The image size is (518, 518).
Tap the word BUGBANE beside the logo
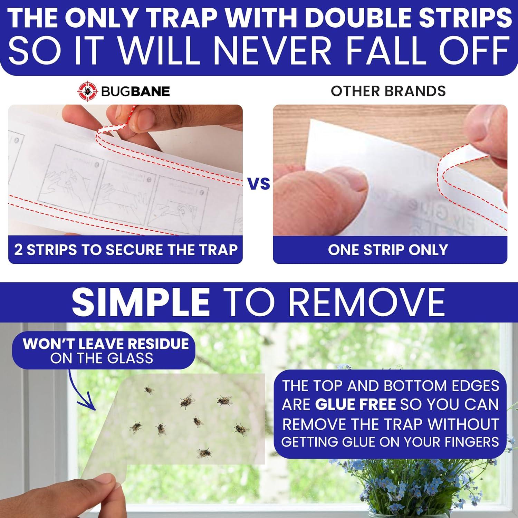(135, 92)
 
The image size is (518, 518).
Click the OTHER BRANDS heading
(388, 91)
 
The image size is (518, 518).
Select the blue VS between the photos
(259, 184)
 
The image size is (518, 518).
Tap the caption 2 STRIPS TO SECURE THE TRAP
(126, 250)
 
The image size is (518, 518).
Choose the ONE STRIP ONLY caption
(388, 250)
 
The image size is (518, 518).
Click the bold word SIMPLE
(141, 301)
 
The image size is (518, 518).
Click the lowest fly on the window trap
(204, 452)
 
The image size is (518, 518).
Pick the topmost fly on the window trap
(148, 390)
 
